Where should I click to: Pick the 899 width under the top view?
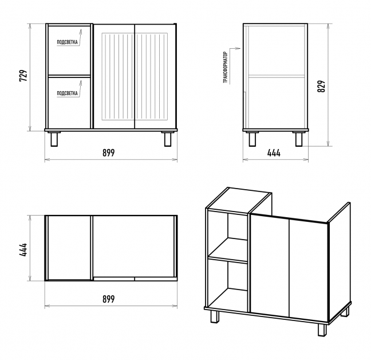click(x=109, y=299)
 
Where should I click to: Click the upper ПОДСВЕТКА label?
click(x=68, y=42)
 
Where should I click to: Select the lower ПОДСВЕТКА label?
click(x=68, y=92)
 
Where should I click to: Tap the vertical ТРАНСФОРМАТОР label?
click(x=226, y=66)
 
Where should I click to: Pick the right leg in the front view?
click(x=168, y=139)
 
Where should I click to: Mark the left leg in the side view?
click(x=252, y=139)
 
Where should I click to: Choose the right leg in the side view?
click(x=299, y=139)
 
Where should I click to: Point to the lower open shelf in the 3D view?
click(x=228, y=284)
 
